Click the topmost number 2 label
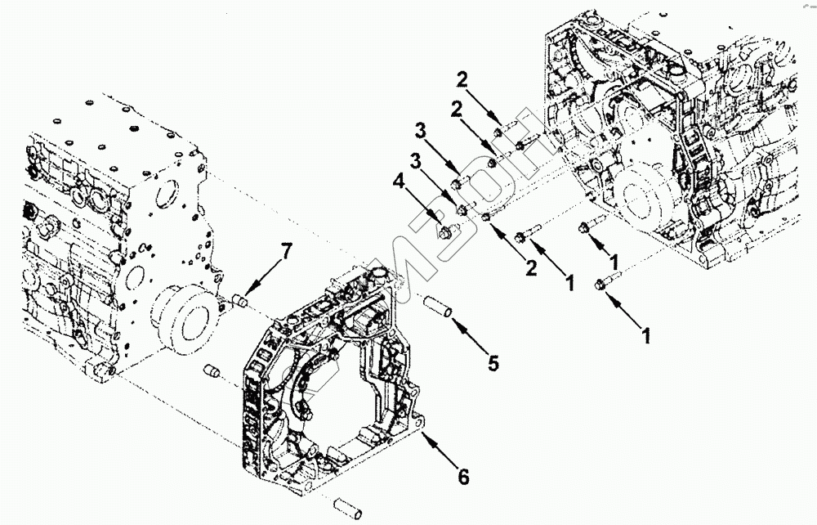click(462, 79)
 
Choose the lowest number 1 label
click(646, 335)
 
